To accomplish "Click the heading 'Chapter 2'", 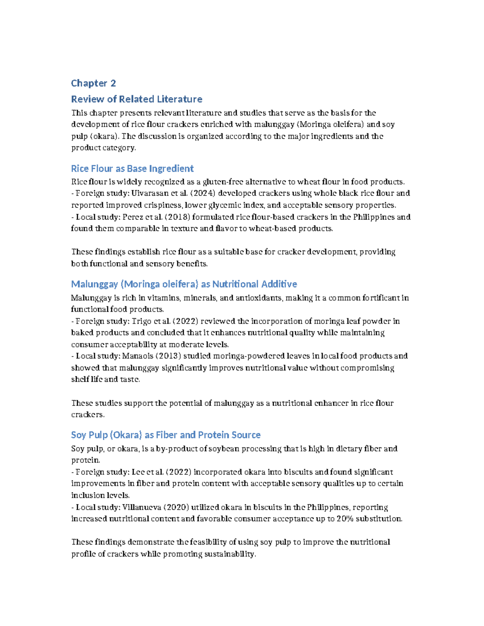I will [94, 83].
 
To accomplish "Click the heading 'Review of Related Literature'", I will [136, 99].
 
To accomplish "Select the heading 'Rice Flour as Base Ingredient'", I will [132, 168].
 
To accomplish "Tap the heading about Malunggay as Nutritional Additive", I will [184, 284].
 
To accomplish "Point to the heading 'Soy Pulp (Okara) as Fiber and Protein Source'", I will [165, 435].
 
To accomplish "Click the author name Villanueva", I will [142, 507].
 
